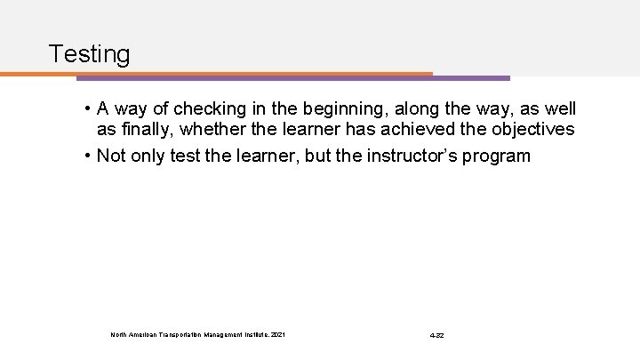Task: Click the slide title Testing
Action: (x=90, y=54)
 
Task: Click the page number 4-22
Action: (x=436, y=334)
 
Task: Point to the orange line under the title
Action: (x=222, y=73)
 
